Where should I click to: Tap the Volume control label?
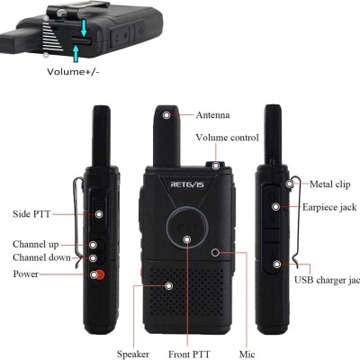[x=227, y=138]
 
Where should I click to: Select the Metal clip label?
[x=328, y=184]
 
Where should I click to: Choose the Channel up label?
[x=36, y=245]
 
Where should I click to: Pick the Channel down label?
[x=40, y=257]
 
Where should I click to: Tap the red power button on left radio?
[x=97, y=274]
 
